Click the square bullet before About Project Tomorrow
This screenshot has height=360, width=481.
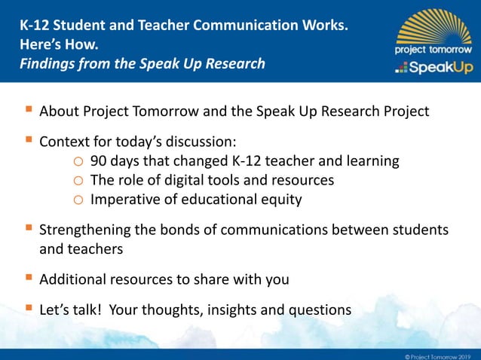[x=28, y=111]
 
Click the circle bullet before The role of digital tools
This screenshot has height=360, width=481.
[x=78, y=181]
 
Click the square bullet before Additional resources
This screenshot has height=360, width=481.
[x=28, y=279]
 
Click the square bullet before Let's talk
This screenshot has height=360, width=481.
[x=28, y=308]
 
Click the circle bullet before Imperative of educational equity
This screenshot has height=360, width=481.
[x=78, y=200]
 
